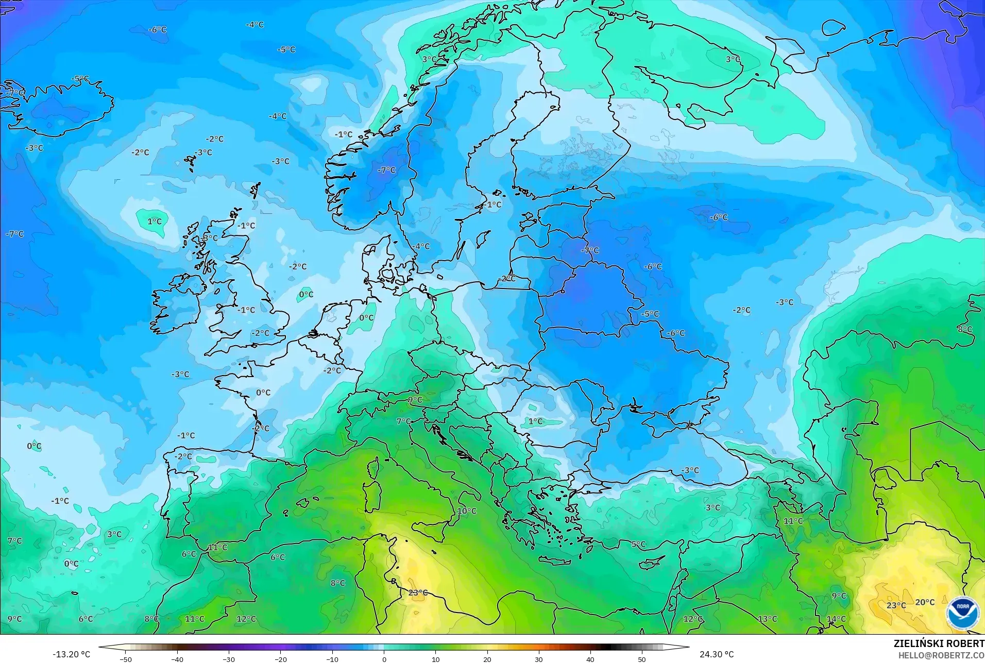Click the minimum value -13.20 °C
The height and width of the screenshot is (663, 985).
(x=71, y=654)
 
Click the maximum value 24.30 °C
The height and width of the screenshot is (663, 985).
(x=716, y=654)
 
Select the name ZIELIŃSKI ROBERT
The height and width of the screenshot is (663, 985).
(x=939, y=644)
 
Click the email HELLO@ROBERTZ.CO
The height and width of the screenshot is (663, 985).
(x=941, y=655)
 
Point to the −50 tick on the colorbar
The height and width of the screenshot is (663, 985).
(x=126, y=659)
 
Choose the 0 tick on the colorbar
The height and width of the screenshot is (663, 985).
(x=384, y=659)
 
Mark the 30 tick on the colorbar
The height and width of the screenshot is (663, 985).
(x=538, y=659)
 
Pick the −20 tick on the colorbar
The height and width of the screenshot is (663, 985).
(x=280, y=659)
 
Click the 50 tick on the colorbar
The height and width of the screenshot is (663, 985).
(x=641, y=659)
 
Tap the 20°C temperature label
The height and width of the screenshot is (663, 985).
(x=925, y=602)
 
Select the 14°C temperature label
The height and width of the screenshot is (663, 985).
(x=836, y=619)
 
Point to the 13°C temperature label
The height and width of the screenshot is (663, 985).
(x=768, y=619)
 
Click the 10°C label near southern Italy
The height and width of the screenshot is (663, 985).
(x=467, y=511)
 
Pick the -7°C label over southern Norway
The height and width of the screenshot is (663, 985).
(x=386, y=170)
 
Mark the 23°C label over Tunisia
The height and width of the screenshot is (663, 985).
(x=418, y=592)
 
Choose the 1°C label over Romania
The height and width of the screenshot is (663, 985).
(x=535, y=421)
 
